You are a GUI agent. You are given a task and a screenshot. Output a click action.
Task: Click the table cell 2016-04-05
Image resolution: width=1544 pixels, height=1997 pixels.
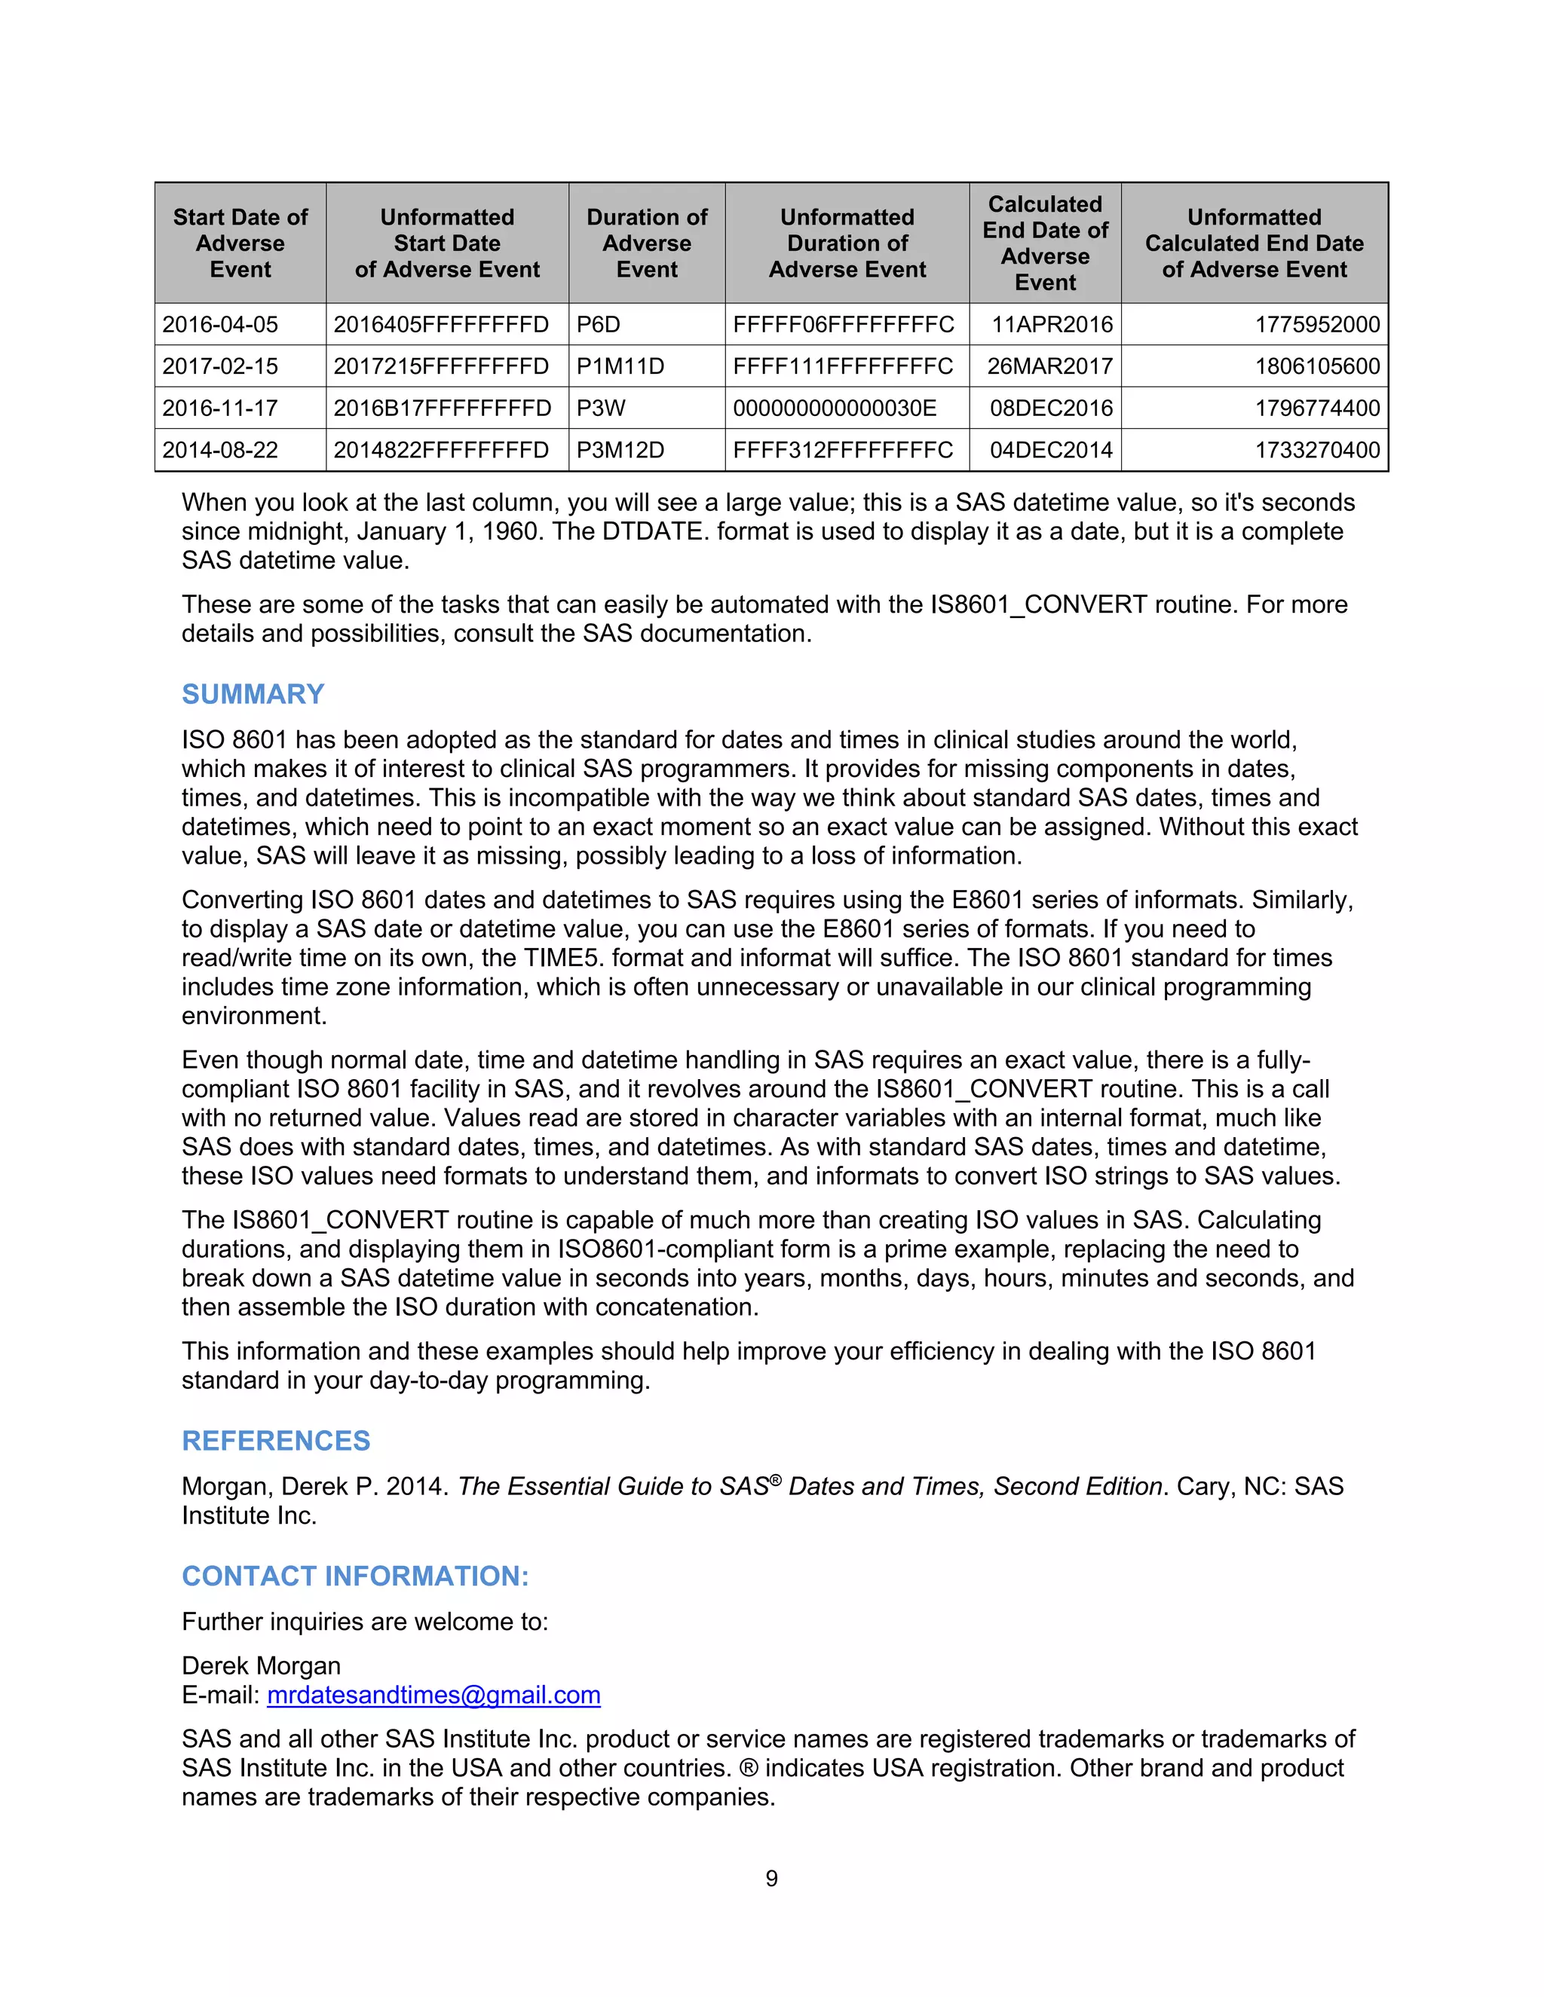point(220,325)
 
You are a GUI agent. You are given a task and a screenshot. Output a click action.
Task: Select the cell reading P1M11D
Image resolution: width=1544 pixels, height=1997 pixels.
point(620,367)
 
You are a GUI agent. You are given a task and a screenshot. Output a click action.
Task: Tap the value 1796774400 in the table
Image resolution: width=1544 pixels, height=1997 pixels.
point(1316,408)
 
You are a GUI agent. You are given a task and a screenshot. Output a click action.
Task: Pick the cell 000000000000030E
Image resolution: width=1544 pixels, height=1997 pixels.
point(835,408)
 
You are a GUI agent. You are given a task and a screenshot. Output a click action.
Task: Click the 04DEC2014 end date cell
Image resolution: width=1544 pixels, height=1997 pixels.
point(1051,450)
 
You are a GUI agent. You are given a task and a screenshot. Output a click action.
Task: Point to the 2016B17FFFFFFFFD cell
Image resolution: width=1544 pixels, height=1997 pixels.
point(442,408)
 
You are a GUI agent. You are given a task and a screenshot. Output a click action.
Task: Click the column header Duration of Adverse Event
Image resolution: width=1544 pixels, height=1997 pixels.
point(647,243)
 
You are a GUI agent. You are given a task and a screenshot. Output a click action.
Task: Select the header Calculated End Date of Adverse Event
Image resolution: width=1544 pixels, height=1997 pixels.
point(1045,243)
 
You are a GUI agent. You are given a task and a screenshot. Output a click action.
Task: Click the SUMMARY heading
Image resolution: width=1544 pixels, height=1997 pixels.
point(253,694)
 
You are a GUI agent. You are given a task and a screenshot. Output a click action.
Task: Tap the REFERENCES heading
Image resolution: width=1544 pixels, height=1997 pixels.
point(275,1440)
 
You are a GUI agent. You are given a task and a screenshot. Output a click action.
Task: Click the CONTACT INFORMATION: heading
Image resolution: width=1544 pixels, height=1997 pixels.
point(355,1576)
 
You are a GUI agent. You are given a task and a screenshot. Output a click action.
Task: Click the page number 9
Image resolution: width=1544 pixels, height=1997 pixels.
point(771,1878)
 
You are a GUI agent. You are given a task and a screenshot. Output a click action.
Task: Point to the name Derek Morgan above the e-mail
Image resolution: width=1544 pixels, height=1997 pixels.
point(261,1665)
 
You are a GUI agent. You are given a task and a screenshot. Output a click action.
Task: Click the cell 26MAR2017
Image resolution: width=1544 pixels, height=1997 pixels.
point(1049,367)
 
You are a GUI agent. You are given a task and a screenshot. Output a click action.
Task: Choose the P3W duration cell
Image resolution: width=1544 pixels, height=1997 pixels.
point(601,408)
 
